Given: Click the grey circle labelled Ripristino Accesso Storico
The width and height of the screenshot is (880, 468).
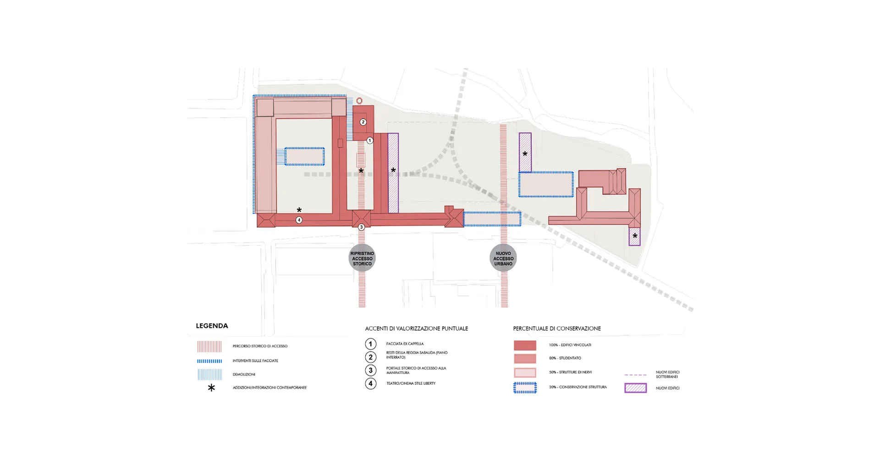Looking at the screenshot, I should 362,259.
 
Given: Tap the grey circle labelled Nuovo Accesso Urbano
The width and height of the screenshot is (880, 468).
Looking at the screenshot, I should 503,259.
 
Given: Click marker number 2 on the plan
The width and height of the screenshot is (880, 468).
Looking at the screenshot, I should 363,122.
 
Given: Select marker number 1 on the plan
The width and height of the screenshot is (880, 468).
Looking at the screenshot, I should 370,141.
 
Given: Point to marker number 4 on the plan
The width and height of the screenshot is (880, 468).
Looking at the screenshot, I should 299,220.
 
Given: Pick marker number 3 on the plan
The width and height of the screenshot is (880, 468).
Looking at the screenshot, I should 361,227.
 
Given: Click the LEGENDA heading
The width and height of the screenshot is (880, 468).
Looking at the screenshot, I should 212,326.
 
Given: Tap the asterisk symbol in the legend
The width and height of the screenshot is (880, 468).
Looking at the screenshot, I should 211,388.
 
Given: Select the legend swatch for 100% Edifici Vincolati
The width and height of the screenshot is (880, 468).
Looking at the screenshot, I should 525,345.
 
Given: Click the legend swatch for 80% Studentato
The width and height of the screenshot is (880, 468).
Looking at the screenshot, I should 525,358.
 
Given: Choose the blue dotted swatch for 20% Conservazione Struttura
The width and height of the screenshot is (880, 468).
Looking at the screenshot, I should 525,388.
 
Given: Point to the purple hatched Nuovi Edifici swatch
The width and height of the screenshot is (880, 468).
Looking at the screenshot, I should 635,388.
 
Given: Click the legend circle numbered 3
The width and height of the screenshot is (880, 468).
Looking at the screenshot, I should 371,370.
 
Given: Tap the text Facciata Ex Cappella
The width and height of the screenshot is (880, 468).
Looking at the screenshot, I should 405,344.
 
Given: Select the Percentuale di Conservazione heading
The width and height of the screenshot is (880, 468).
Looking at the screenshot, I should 556,329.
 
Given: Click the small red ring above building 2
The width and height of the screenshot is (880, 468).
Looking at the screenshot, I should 359,101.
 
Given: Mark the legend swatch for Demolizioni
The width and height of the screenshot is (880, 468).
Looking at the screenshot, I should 209,374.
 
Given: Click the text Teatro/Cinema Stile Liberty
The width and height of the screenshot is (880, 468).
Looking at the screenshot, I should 411,383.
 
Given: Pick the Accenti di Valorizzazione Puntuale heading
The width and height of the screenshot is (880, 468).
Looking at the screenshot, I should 416,329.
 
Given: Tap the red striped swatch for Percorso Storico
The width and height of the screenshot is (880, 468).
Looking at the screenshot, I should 209,346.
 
